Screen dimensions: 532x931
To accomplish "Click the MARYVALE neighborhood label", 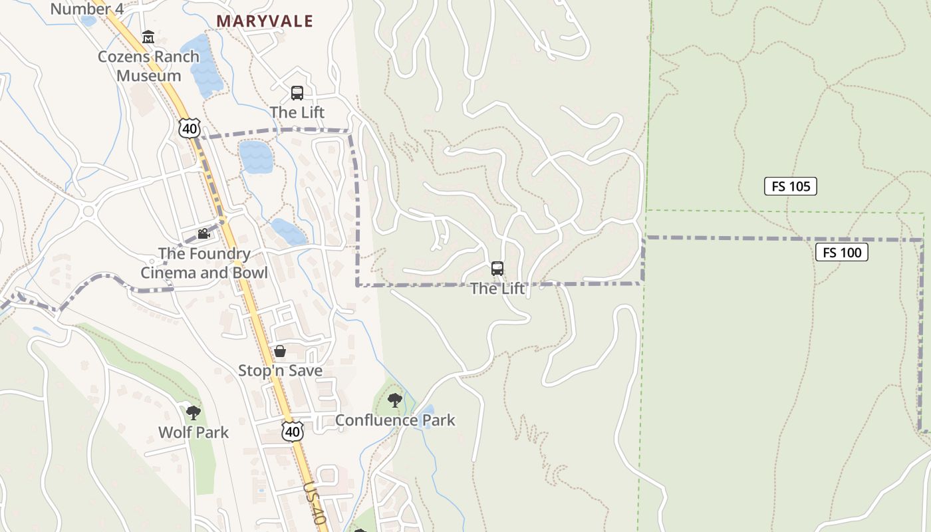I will click(264, 21).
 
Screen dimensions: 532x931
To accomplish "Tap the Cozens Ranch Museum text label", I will click(148, 66).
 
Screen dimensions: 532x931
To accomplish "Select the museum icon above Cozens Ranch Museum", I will click(148, 37).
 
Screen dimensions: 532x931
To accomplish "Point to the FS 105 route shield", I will click(790, 186).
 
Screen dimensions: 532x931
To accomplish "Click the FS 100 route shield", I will click(841, 252).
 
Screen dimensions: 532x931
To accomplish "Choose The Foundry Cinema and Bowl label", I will click(204, 263).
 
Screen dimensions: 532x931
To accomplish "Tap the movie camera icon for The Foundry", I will click(203, 234).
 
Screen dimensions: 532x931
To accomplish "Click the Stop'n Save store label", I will click(280, 370).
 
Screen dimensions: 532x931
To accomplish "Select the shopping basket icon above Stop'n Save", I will click(280, 351).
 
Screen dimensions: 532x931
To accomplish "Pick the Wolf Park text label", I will click(193, 432).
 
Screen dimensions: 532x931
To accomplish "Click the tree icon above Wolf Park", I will click(193, 413).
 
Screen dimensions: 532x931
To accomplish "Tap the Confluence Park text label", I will click(395, 420).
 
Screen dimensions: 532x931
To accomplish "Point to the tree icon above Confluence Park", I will click(395, 400).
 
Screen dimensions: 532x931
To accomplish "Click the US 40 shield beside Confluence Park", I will click(292, 431).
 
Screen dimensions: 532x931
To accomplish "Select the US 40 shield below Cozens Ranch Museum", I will click(189, 128).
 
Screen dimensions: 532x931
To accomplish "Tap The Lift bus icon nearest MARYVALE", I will click(297, 93).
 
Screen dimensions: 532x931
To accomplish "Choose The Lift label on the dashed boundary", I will click(497, 289).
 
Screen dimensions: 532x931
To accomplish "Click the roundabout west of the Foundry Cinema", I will click(88, 212).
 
